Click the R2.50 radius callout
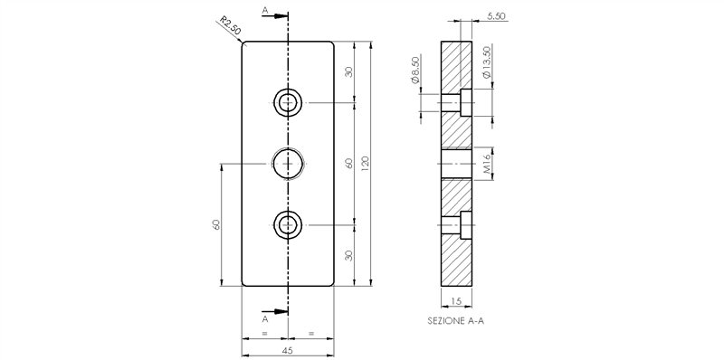click(x=230, y=26)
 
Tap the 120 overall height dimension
click(x=366, y=164)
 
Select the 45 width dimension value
click(x=287, y=350)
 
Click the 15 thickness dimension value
click(x=456, y=301)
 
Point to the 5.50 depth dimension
click(x=496, y=16)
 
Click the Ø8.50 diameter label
click(x=415, y=71)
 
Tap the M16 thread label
click(x=487, y=164)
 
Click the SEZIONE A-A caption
click(x=456, y=321)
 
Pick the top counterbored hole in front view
click(x=288, y=102)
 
